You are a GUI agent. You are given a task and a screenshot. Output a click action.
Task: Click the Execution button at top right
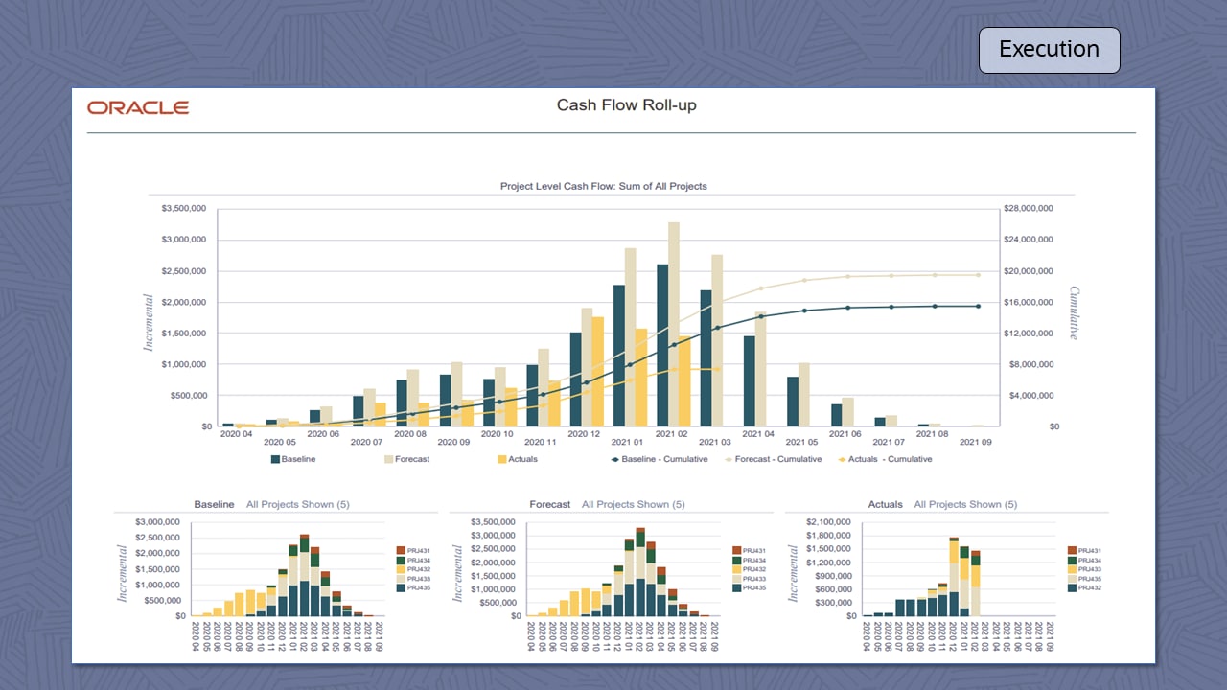[1049, 50]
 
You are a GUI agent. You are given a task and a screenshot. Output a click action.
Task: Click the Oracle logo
[138, 107]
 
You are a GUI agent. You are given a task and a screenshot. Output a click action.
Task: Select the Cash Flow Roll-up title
[626, 105]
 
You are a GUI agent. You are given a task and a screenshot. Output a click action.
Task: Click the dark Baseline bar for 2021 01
[619, 355]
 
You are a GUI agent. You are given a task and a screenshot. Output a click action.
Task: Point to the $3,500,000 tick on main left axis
[180, 208]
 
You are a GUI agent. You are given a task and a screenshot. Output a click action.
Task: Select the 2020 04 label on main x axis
[236, 434]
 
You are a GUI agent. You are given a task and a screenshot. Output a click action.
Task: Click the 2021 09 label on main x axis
[975, 443]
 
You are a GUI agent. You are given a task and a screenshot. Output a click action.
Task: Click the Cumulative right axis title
[1074, 313]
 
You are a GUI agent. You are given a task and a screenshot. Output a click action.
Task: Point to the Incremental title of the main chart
[149, 323]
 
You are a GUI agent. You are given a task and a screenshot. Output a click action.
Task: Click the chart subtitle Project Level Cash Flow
[603, 186]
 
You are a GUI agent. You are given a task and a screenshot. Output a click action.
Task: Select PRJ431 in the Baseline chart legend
[417, 551]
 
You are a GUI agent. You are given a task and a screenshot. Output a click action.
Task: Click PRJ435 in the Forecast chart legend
[753, 587]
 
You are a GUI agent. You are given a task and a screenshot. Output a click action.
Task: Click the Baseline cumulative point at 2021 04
[761, 316]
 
